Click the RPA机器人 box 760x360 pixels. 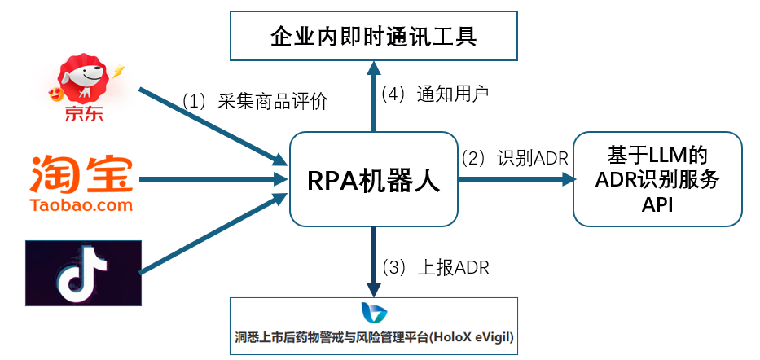click(374, 179)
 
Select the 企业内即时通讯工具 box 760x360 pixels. click(374, 37)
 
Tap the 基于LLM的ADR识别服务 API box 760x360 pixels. click(657, 179)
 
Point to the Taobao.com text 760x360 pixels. click(81, 205)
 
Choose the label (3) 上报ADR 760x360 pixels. click(436, 267)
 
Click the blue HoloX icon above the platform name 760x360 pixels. click(374, 312)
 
